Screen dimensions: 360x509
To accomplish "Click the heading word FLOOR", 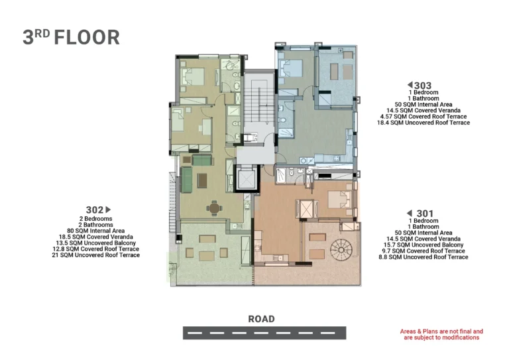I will [x=87, y=37].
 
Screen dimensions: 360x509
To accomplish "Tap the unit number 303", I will [x=423, y=86].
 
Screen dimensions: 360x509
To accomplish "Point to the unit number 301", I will [x=425, y=213].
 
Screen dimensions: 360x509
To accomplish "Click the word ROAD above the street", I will [x=261, y=319].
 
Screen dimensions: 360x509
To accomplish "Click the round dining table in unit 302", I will [x=213, y=208].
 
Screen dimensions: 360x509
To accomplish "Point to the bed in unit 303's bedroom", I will [x=292, y=68].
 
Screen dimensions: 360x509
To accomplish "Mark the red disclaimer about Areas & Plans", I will [x=441, y=334].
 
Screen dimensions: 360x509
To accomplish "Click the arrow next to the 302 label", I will [x=109, y=210].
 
